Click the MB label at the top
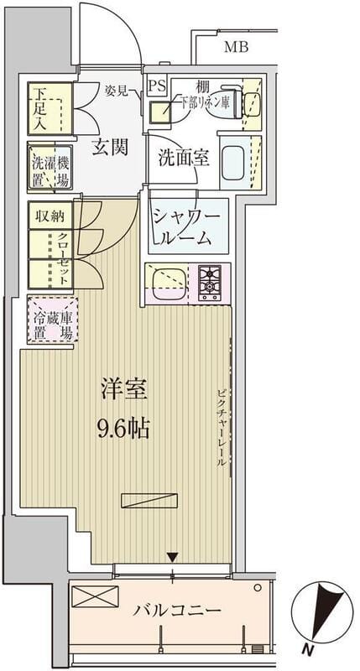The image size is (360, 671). [x=237, y=47]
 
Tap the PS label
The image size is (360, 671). [x=157, y=86]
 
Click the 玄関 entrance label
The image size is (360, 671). [x=110, y=148]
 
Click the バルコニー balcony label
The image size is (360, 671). [x=178, y=610]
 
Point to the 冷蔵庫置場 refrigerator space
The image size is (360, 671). [x=52, y=321]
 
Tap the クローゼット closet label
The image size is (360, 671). [x=63, y=258]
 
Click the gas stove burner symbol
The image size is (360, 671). [x=209, y=282]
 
